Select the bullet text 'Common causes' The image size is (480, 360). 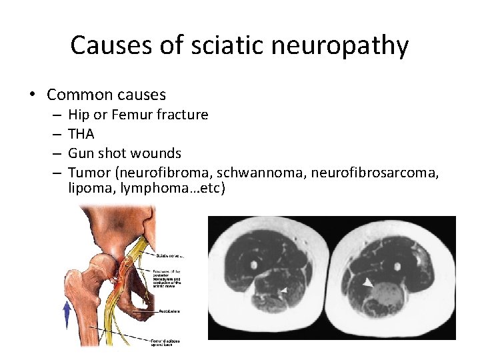pos(107,95)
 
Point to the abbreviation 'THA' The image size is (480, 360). pos(81,134)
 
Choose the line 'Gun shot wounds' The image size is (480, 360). pos(125,153)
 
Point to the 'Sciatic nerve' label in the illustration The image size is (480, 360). pos(170,255)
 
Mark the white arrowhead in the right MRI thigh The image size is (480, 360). pos(367,283)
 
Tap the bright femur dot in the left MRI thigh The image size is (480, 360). pos(254,265)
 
